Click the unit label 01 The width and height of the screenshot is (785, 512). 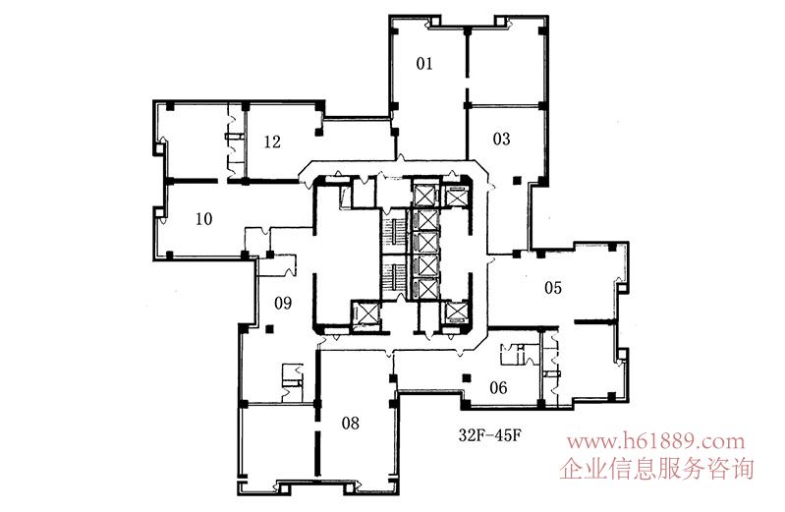pos(424,64)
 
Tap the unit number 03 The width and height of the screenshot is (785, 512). pos(501,139)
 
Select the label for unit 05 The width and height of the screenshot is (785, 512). pos(553,288)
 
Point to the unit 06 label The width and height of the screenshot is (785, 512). pos(498,387)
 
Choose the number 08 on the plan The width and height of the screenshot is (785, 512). pos(351,424)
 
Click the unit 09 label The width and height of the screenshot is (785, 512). pos(283,303)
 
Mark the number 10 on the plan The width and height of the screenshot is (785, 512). pos(203,219)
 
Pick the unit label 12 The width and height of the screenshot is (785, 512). pos(272,142)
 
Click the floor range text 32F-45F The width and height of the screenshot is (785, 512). pos(489,434)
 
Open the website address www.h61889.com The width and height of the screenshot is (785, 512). pos(655,442)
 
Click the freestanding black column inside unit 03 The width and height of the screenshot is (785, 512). pos(517,181)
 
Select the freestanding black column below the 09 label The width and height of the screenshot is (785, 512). pos(270,329)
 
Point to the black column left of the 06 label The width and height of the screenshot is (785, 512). pos(466,377)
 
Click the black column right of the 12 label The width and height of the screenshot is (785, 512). pos(318,133)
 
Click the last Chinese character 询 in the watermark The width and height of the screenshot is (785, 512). pos(743,469)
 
